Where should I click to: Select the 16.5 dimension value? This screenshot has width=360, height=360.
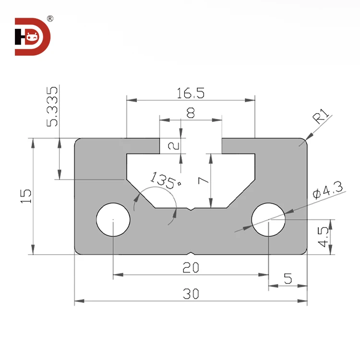pos(191,93)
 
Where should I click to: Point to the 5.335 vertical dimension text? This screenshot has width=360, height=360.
pos(53,106)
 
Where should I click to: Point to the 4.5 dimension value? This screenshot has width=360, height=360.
pos(324,237)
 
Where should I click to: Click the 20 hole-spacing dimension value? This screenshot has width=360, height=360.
pos(191,268)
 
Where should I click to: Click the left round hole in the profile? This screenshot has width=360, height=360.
pos(113,220)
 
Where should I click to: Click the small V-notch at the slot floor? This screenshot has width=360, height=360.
pos(191,209)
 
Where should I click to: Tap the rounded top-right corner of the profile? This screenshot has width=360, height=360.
pos(303,142)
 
